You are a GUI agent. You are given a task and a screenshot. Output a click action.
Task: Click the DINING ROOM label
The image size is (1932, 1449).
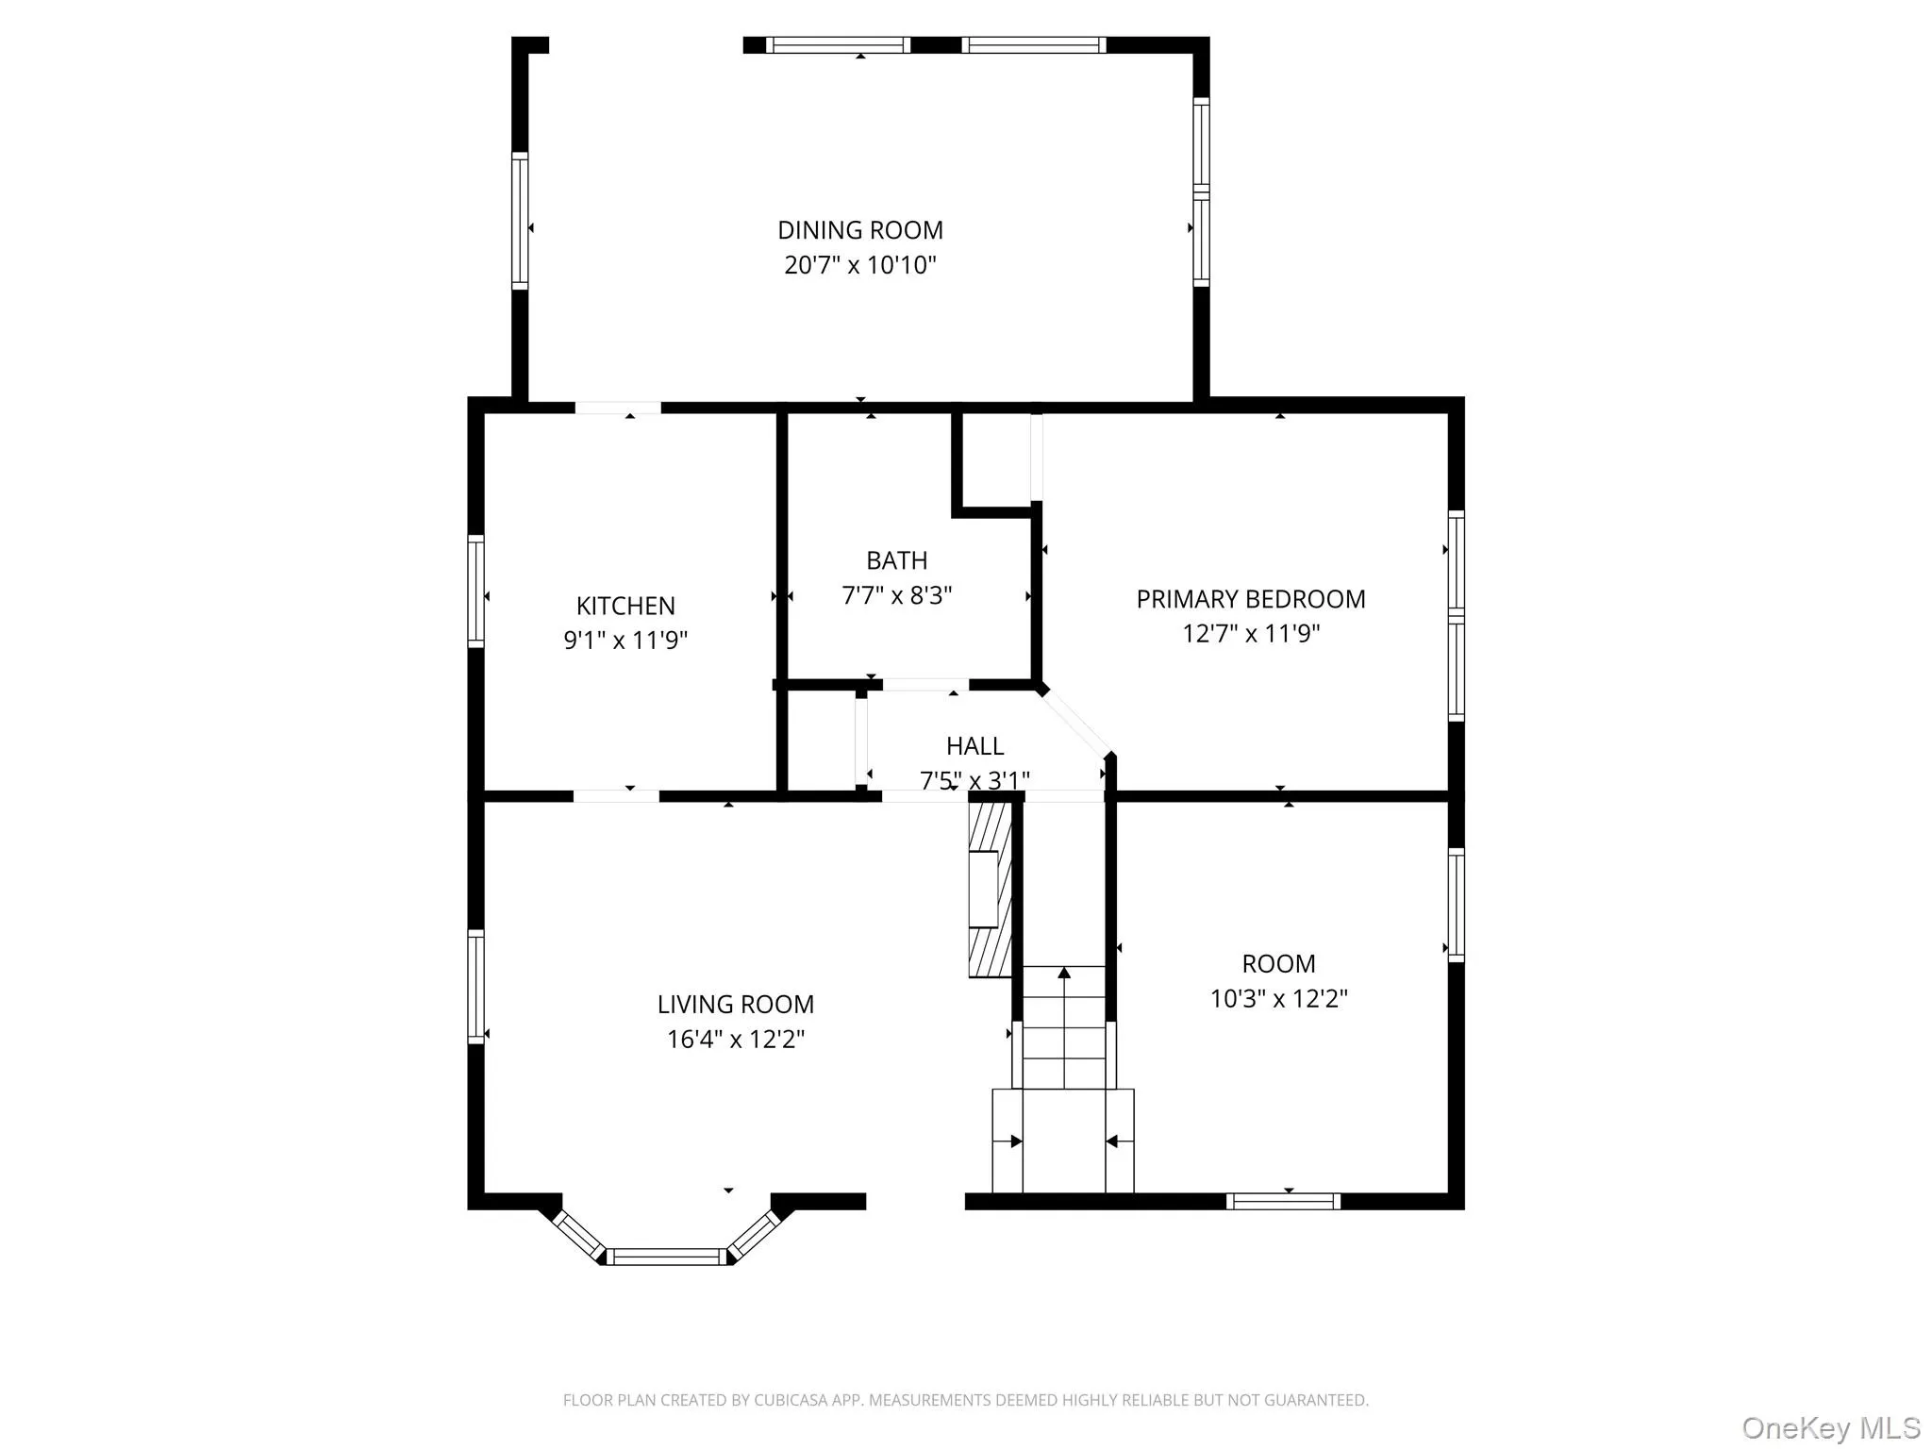860,230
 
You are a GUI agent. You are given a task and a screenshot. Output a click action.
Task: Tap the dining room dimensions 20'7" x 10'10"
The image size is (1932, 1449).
860,265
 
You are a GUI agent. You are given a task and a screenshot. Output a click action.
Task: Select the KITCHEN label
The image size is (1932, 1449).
625,606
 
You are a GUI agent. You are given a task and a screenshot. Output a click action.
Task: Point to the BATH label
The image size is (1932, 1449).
897,560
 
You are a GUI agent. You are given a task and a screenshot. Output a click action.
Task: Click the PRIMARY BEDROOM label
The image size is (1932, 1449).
1251,599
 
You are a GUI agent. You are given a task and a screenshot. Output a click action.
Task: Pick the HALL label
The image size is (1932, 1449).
974,746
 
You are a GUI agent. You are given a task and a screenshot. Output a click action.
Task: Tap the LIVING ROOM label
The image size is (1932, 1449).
736,1005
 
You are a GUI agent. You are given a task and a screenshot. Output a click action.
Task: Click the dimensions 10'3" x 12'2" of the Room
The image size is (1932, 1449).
1279,998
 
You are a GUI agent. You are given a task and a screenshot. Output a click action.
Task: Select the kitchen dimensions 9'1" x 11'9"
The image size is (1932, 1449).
625,641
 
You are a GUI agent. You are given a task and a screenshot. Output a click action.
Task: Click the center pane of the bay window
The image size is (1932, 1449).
667,1257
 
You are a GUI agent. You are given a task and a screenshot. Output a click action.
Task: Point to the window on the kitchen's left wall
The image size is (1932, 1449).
476,591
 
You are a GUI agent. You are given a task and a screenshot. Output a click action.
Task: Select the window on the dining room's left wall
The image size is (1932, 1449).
520,220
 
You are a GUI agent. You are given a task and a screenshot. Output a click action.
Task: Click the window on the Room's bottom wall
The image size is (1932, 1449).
1283,1201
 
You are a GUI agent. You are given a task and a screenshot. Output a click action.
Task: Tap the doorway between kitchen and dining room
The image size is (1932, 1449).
618,408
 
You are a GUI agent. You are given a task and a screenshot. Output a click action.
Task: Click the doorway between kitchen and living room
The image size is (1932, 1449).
616,796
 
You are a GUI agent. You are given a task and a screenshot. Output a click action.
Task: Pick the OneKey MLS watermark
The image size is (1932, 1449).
1830,1427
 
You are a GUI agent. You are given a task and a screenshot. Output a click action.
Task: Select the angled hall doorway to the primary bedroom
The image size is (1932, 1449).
1075,722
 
